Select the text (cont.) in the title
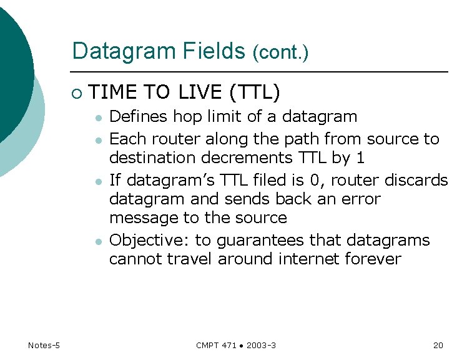tap(280, 53)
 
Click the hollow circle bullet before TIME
tap(76, 93)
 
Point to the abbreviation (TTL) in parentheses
tap(254, 92)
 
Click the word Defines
tap(139, 117)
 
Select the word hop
tap(186, 117)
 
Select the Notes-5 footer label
tap(44, 346)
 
